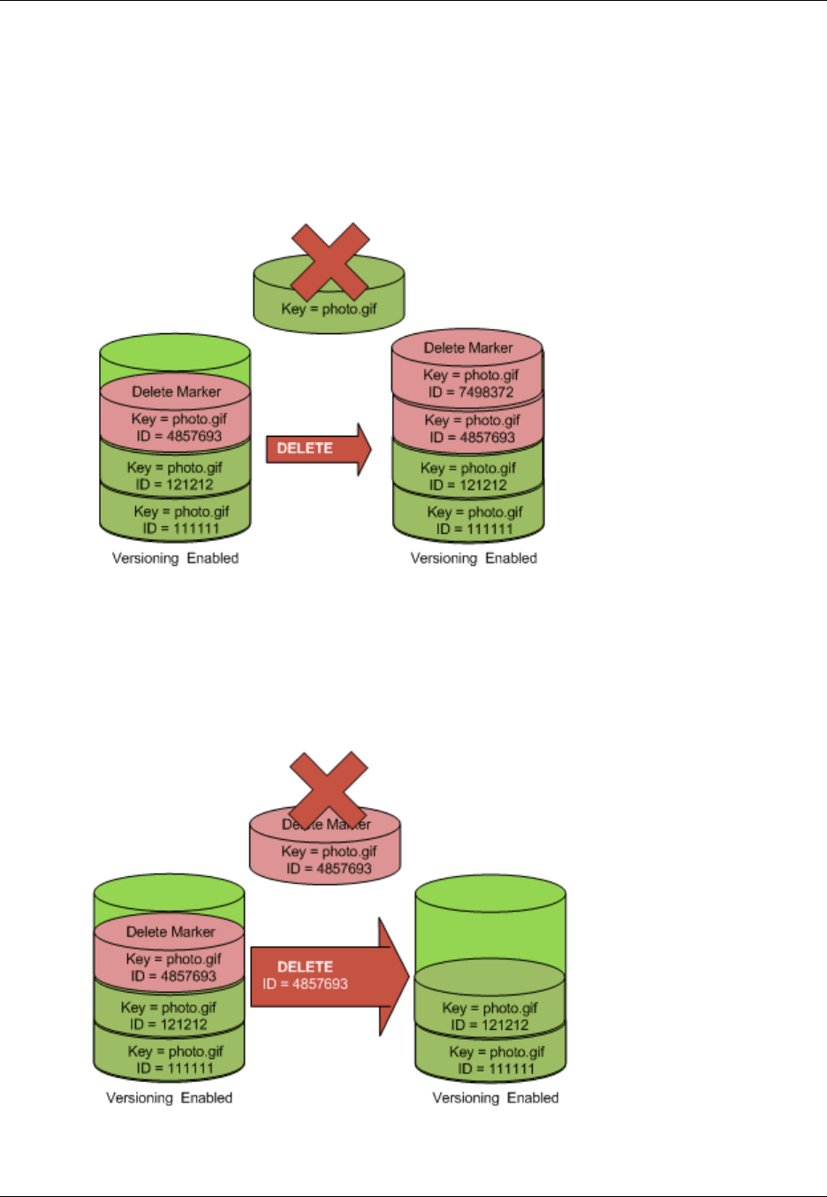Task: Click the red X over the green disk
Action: point(330,262)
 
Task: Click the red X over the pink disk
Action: point(328,789)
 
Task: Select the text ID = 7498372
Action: point(472,392)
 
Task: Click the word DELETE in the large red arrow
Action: point(305,966)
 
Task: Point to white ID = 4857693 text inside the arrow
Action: point(305,984)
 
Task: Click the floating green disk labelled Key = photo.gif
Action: point(329,309)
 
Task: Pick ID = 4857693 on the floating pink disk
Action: point(329,868)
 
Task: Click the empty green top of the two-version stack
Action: point(489,919)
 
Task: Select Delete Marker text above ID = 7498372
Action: point(467,347)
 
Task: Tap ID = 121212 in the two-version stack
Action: point(489,1025)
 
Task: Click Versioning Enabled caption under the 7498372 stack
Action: point(474,558)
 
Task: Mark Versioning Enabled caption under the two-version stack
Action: point(495,1098)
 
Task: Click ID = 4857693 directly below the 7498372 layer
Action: point(472,437)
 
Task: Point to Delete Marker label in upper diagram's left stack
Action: point(176,392)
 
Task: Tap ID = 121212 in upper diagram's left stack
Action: point(174,484)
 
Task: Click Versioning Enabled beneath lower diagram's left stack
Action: point(169,1098)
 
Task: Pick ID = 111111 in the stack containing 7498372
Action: point(474,529)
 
